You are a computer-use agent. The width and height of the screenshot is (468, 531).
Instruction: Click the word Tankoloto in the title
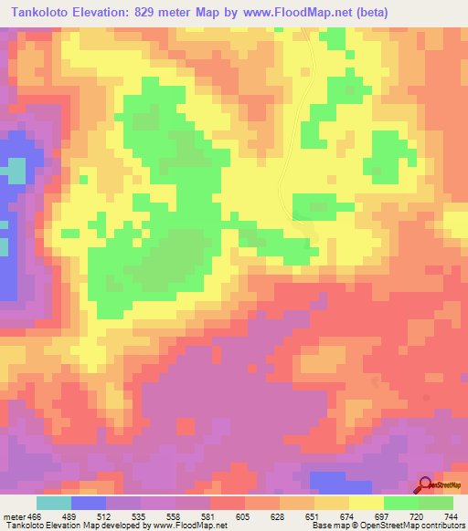pyautogui.click(x=38, y=13)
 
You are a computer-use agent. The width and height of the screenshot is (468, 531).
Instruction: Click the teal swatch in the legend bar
pyautogui.click(x=54, y=503)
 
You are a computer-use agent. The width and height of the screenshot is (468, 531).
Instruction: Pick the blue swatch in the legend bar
pyautogui.click(x=89, y=503)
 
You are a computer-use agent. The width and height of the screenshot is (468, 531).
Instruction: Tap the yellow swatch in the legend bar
pyautogui.click(x=367, y=503)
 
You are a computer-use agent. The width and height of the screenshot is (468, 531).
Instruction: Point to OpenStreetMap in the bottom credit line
pyautogui.click(x=376, y=525)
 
